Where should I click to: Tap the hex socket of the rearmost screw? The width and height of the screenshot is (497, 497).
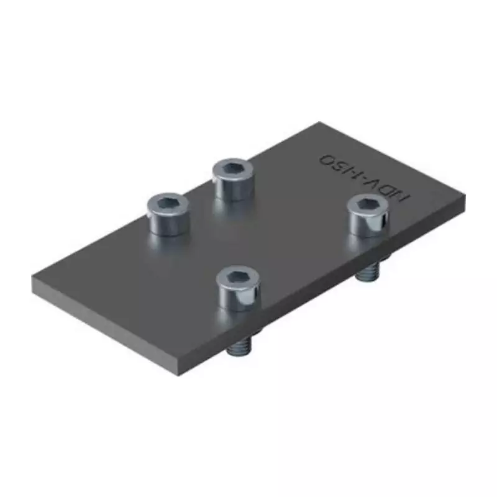click(x=233, y=167)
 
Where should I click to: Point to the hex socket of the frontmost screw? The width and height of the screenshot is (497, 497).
click(x=238, y=276)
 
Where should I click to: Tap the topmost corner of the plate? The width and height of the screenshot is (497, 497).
click(x=319, y=122)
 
